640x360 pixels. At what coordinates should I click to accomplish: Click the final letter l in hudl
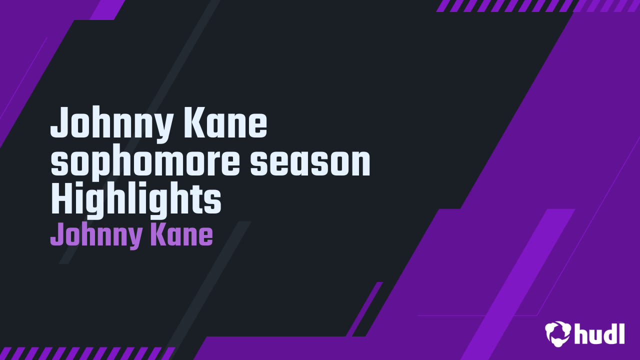point(621,333)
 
